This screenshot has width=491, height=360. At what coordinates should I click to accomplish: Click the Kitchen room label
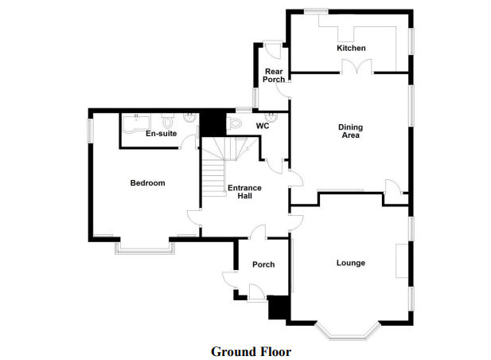point(351,48)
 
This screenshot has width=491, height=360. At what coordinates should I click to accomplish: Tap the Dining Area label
point(350,131)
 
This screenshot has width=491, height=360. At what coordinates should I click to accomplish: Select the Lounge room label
point(351,263)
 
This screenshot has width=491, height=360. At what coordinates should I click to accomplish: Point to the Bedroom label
point(147,183)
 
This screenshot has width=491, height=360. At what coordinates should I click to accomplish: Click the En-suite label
point(162,134)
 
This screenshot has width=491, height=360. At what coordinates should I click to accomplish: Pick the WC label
point(263,126)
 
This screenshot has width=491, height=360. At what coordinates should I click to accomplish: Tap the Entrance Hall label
point(244,192)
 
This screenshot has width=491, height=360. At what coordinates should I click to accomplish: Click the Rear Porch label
point(274,76)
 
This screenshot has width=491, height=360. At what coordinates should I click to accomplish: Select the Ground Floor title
point(251,351)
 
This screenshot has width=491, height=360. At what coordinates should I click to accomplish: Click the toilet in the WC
point(234,123)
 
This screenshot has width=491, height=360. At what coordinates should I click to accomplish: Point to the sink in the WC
point(271,117)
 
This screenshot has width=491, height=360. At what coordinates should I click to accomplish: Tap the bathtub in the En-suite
point(136,123)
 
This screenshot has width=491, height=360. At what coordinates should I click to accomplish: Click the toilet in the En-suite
point(168,121)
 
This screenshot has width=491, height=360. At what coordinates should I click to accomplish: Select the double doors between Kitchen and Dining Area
point(357,67)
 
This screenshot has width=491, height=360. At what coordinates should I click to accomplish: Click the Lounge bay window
point(348,331)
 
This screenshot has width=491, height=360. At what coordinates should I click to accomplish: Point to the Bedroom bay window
point(145,248)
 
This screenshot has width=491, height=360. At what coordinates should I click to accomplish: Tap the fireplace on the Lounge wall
point(402,261)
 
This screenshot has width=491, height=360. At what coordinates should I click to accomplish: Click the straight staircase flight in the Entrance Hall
point(213,178)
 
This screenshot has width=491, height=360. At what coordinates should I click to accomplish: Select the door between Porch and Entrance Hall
point(259,232)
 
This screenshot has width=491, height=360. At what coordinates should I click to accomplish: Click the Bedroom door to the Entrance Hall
point(194,217)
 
